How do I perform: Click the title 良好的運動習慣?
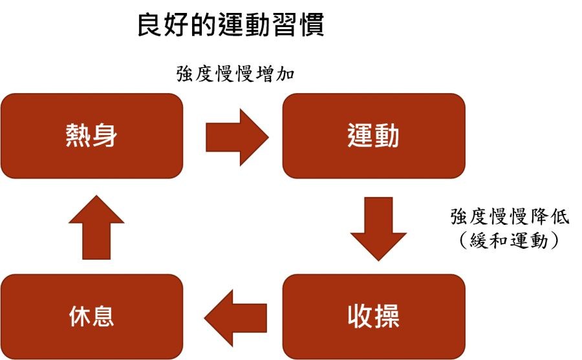pos(230,26)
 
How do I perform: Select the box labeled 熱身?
pos(91,136)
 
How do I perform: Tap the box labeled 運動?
pos(373,136)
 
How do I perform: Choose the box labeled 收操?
pos(373,316)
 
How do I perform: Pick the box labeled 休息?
pos(91,316)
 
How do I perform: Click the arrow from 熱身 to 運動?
pos(236,136)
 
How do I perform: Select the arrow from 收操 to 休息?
pos(235,316)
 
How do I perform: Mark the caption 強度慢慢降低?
pos(510,217)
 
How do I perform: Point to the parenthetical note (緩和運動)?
pos(510,240)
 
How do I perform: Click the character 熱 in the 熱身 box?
pos(78,136)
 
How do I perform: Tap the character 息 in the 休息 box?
pos(103,316)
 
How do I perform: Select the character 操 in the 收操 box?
pos(387,316)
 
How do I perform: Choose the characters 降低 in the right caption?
pos(550,217)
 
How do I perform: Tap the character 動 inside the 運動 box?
pos(387,136)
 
